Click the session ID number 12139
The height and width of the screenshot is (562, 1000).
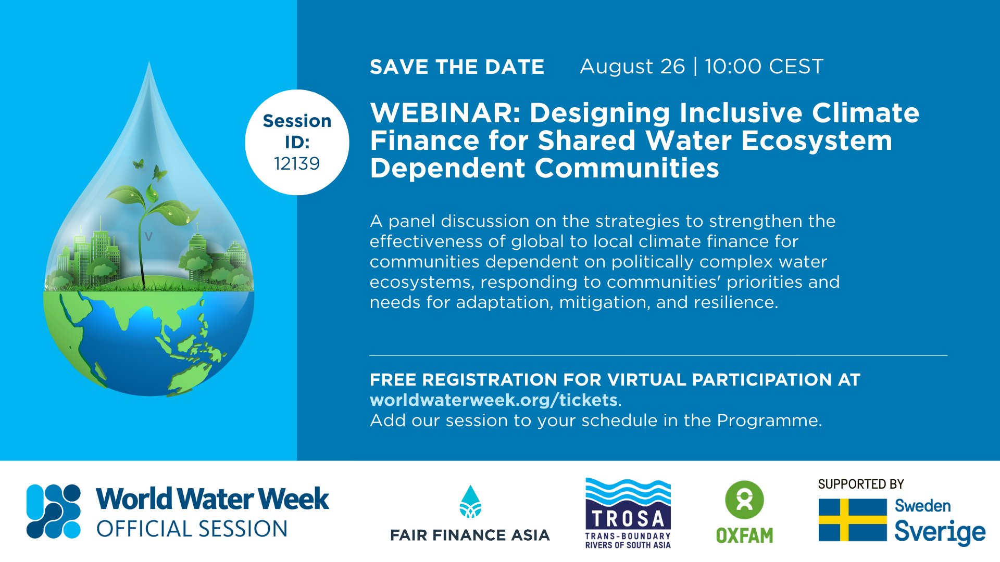click(297, 163)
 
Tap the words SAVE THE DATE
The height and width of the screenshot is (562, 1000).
click(457, 67)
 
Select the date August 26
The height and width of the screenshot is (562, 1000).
click(632, 67)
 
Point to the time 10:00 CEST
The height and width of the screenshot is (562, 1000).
click(764, 67)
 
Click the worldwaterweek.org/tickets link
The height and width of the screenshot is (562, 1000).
click(494, 400)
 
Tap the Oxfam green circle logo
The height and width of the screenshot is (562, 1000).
click(744, 500)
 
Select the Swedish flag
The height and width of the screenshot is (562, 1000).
click(853, 520)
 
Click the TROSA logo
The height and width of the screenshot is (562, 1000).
click(628, 513)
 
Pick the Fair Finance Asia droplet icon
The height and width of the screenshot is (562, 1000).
click(470, 502)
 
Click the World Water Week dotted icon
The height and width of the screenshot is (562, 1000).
click(54, 511)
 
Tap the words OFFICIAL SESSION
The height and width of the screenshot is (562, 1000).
click(192, 529)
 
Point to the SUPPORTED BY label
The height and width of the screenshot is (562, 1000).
click(860, 484)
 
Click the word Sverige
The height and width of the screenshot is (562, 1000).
click(940, 532)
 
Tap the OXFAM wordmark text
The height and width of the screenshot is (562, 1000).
click(744, 535)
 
